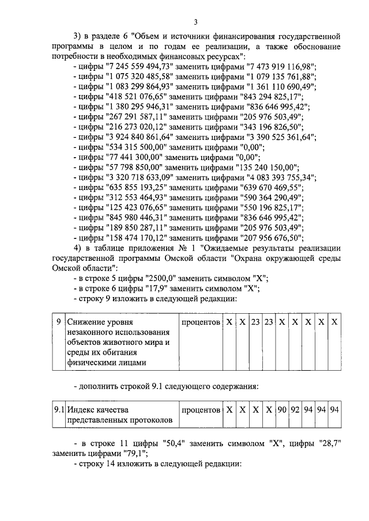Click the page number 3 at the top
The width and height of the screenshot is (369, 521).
(x=195, y=22)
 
